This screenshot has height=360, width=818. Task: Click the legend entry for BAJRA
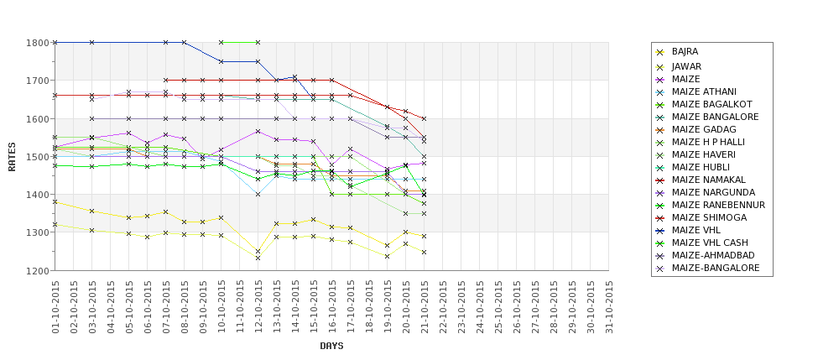[x=685, y=52]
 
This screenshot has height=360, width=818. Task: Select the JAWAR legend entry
[x=686, y=66]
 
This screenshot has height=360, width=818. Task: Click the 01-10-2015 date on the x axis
[x=55, y=306]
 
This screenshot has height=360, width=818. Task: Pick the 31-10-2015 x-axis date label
[x=610, y=306]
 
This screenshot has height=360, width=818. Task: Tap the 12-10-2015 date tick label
[x=258, y=306]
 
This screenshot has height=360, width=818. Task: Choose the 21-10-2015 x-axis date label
[x=425, y=306]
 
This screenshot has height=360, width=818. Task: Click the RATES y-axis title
[x=12, y=157]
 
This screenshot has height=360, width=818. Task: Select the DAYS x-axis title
[x=331, y=346]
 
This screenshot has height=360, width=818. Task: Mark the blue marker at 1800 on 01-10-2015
[x=55, y=42]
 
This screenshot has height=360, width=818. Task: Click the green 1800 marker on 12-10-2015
[x=258, y=42]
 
